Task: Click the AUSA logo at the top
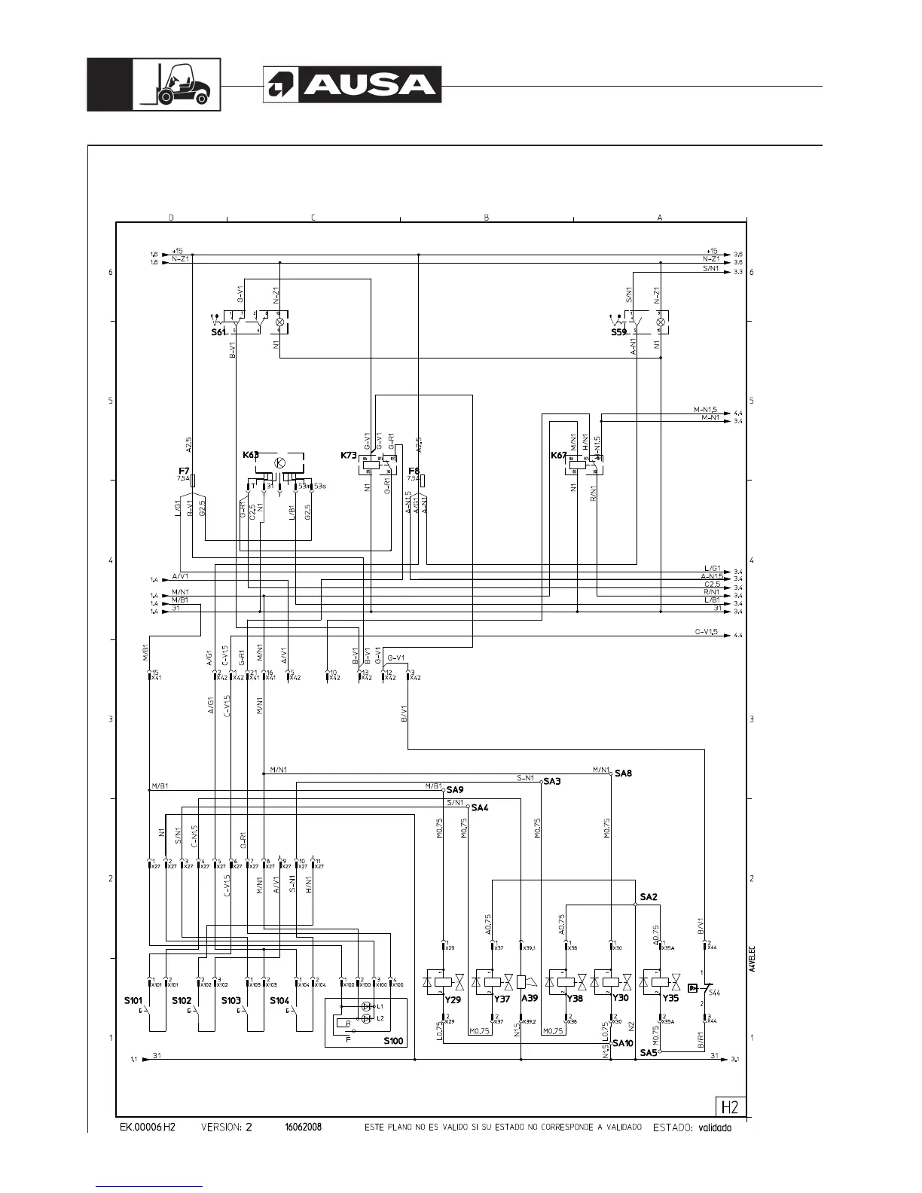pos(352,85)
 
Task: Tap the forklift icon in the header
pos(178,84)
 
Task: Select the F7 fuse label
pos(184,471)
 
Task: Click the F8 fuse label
pos(414,471)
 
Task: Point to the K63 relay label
pos(251,455)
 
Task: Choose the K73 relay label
pos(348,455)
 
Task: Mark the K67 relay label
pos(558,455)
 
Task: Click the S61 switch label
pos(218,331)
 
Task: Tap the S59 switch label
pos(618,331)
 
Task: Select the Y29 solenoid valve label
pos(452,999)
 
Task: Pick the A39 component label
pos(530,999)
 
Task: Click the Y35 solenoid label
pos(670,999)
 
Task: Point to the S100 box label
pos(393,1042)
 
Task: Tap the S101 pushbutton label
pos(133,1001)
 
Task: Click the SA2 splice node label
pos(649,897)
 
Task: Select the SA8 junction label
pos(623,773)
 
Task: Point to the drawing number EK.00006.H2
pos(148,1127)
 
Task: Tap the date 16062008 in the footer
pos(303,1127)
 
